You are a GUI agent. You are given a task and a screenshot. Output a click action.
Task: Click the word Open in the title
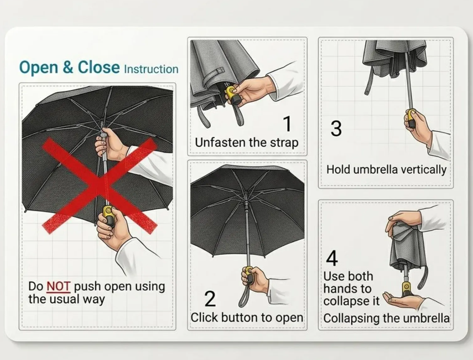click(x=39, y=67)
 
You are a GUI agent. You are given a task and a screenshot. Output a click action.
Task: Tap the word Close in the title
click(x=98, y=67)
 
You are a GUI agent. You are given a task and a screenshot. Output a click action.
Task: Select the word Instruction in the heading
click(x=151, y=69)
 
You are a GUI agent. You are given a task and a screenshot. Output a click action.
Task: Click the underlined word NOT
click(x=58, y=286)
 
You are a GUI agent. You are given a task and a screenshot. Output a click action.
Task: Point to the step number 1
click(x=287, y=124)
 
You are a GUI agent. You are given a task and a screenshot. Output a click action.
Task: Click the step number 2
click(x=210, y=298)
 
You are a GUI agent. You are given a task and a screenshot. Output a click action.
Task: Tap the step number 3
click(x=336, y=128)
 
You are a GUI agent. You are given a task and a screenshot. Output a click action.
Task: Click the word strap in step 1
click(x=284, y=143)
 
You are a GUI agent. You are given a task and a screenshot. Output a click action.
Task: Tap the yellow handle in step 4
click(x=406, y=290)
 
